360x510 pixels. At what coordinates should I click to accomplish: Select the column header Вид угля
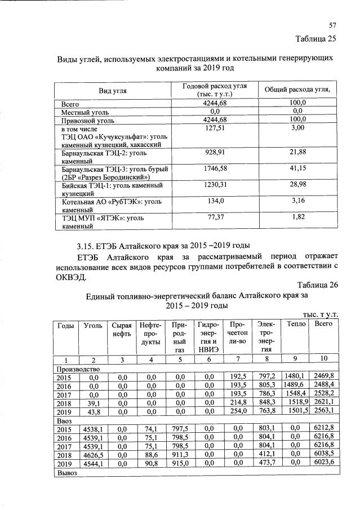click(x=113, y=90)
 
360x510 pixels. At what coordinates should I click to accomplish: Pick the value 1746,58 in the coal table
click(x=214, y=168)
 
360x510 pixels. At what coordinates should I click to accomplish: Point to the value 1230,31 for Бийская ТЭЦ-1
click(x=214, y=184)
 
